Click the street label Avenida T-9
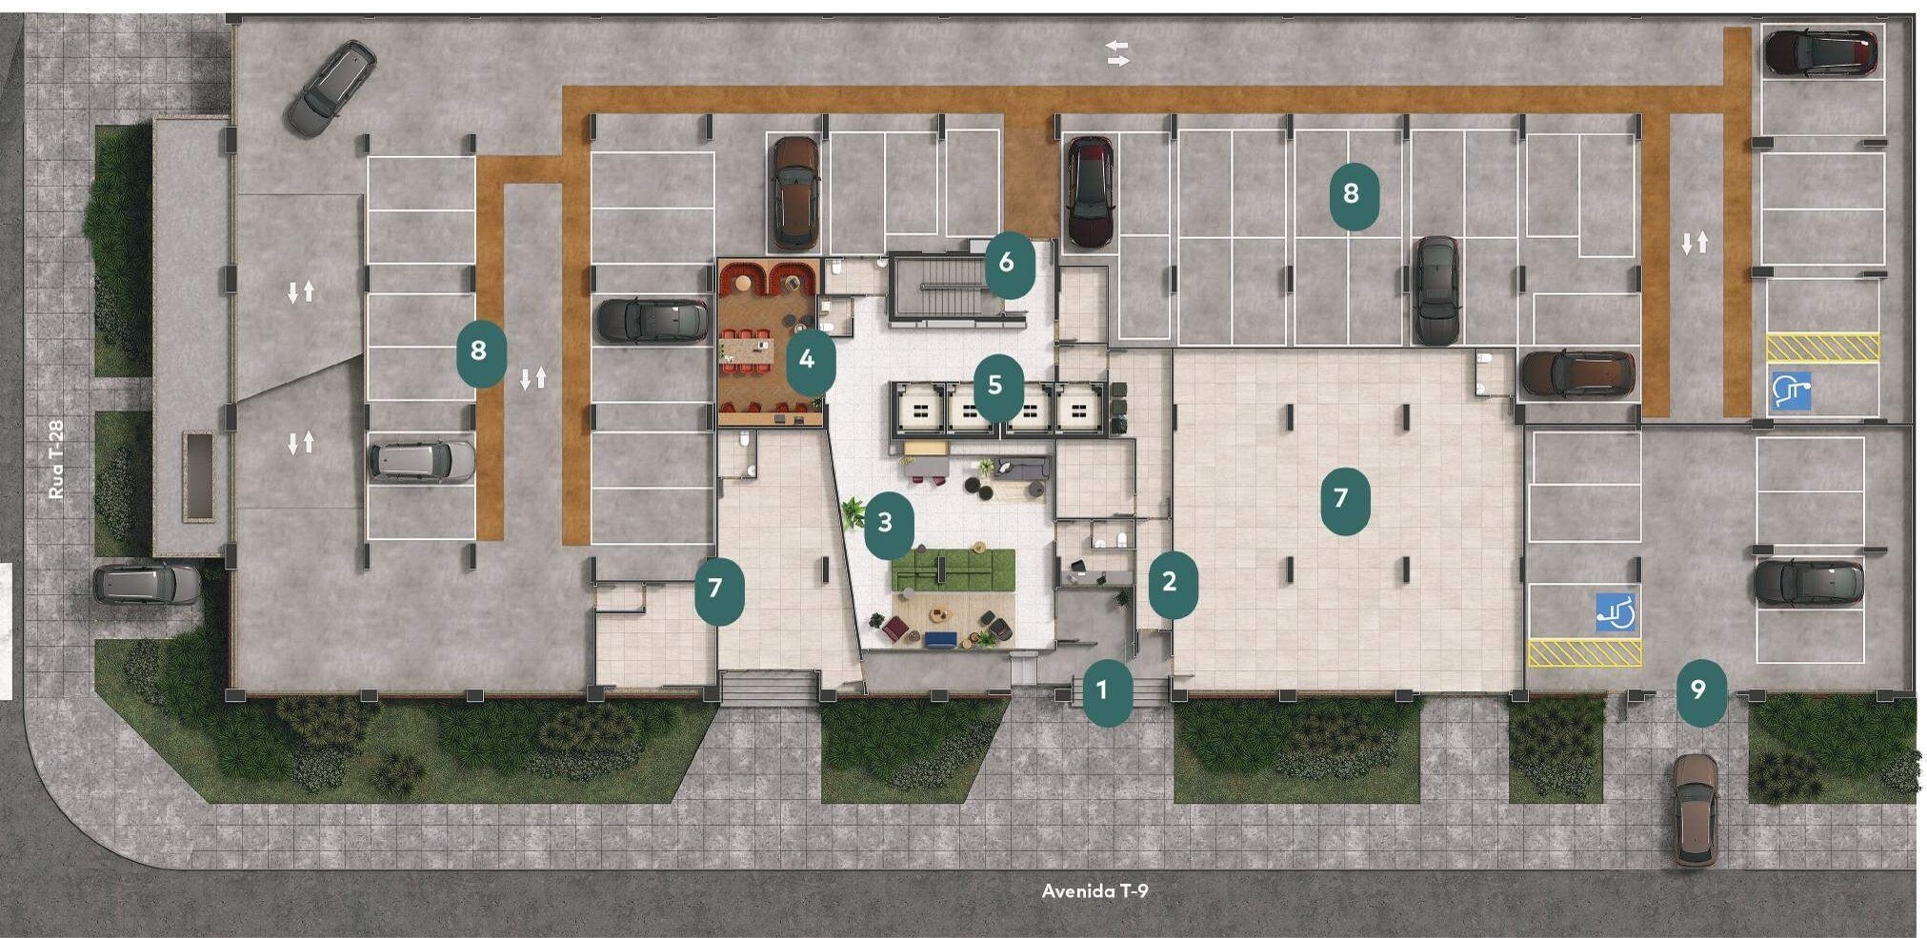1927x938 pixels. (1094, 891)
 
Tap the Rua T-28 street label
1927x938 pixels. (56, 460)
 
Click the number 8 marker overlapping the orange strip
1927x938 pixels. (481, 352)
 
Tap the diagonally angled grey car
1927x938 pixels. (331, 88)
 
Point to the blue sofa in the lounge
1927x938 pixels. (940, 640)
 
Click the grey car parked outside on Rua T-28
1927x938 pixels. (148, 584)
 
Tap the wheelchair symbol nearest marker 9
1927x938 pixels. (1616, 612)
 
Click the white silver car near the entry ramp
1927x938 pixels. (421, 461)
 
